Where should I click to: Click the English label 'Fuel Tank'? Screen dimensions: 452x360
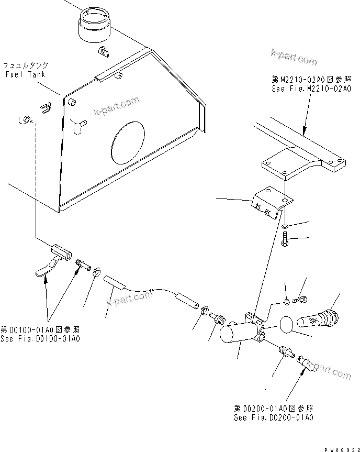click(25, 74)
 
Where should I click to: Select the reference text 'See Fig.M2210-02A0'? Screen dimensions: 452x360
click(303, 89)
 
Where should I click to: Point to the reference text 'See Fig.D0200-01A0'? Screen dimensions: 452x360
click(273, 417)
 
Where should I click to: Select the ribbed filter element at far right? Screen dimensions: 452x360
click(319, 319)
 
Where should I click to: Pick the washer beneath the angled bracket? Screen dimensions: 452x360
click(284, 227)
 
